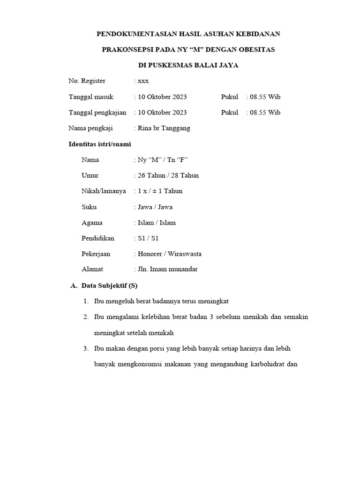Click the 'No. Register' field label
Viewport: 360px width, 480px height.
point(87,81)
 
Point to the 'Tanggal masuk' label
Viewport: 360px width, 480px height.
point(91,97)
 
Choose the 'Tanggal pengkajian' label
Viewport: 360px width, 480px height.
point(97,112)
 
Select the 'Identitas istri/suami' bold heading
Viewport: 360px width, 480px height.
point(100,144)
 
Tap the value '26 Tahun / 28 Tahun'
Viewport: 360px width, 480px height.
point(168,175)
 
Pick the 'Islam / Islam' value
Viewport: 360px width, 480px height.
point(157,223)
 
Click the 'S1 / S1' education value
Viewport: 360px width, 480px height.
point(149,238)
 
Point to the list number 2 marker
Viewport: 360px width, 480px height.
point(86,317)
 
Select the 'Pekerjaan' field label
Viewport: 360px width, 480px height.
point(96,254)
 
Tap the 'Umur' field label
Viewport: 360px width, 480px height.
point(90,175)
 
